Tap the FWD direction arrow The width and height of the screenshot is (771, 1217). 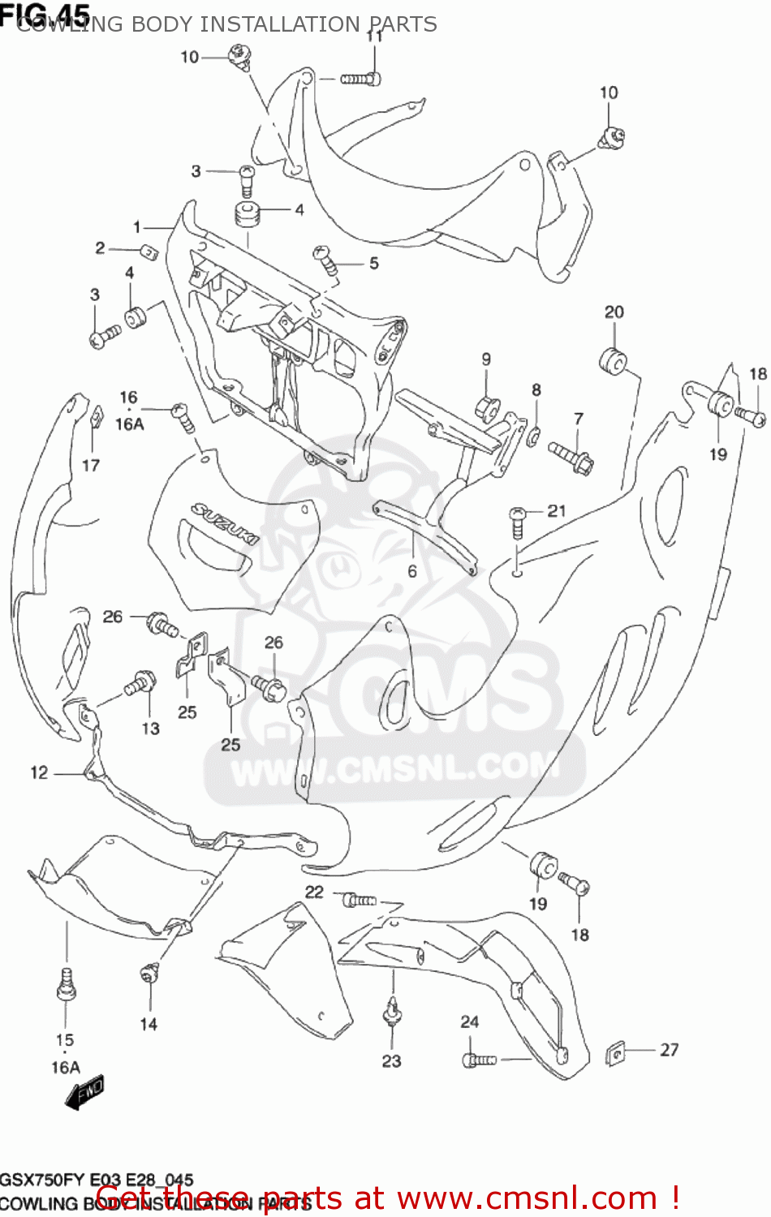coord(84,1093)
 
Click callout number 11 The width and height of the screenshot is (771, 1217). coord(374,36)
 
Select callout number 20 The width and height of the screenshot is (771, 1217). coord(614,312)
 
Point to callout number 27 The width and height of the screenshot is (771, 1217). coord(669,1050)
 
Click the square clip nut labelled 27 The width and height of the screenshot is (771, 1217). coord(618,1054)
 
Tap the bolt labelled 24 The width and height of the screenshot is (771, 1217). coord(478,1059)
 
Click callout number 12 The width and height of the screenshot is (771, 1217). coord(39,772)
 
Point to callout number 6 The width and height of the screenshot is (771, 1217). coord(412,571)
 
